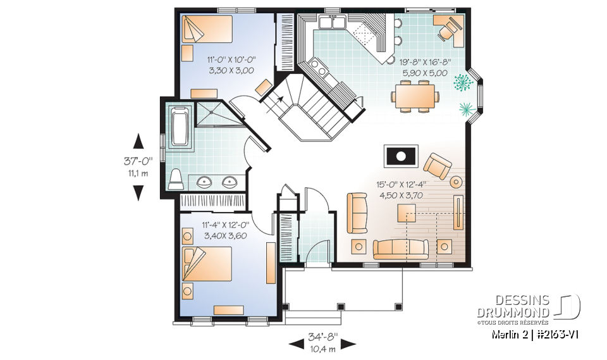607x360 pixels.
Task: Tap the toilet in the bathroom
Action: (176, 180)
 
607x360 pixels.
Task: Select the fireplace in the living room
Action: (401, 156)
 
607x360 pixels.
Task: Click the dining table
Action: (415, 96)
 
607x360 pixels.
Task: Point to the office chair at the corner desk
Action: (449, 30)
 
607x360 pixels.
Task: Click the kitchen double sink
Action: (332, 23)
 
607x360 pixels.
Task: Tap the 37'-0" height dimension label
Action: (138, 161)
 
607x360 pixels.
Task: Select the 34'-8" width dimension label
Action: (323, 337)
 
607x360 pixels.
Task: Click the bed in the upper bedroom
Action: (207, 29)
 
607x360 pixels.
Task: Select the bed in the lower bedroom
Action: (207, 264)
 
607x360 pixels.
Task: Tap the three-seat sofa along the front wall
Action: (401, 249)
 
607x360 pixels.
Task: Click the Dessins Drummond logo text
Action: (513, 306)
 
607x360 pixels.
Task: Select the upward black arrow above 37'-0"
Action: (138, 141)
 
